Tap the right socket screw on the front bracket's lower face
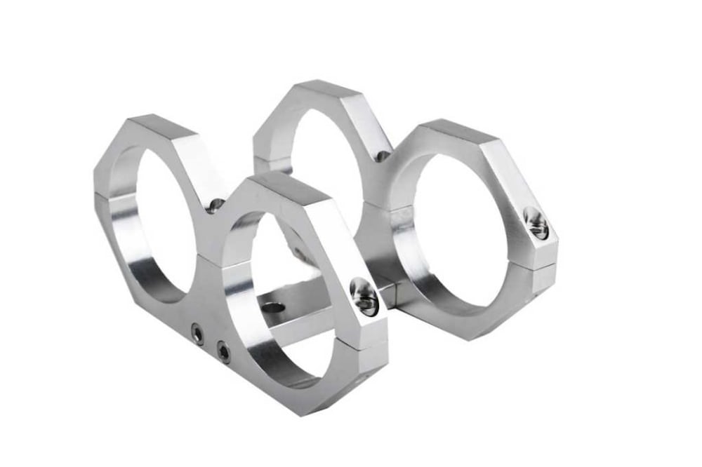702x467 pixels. pos(223,352)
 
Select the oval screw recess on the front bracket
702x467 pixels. pos(364,296)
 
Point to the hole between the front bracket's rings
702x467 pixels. pos(216,205)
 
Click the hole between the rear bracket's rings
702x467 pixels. pos(382,156)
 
